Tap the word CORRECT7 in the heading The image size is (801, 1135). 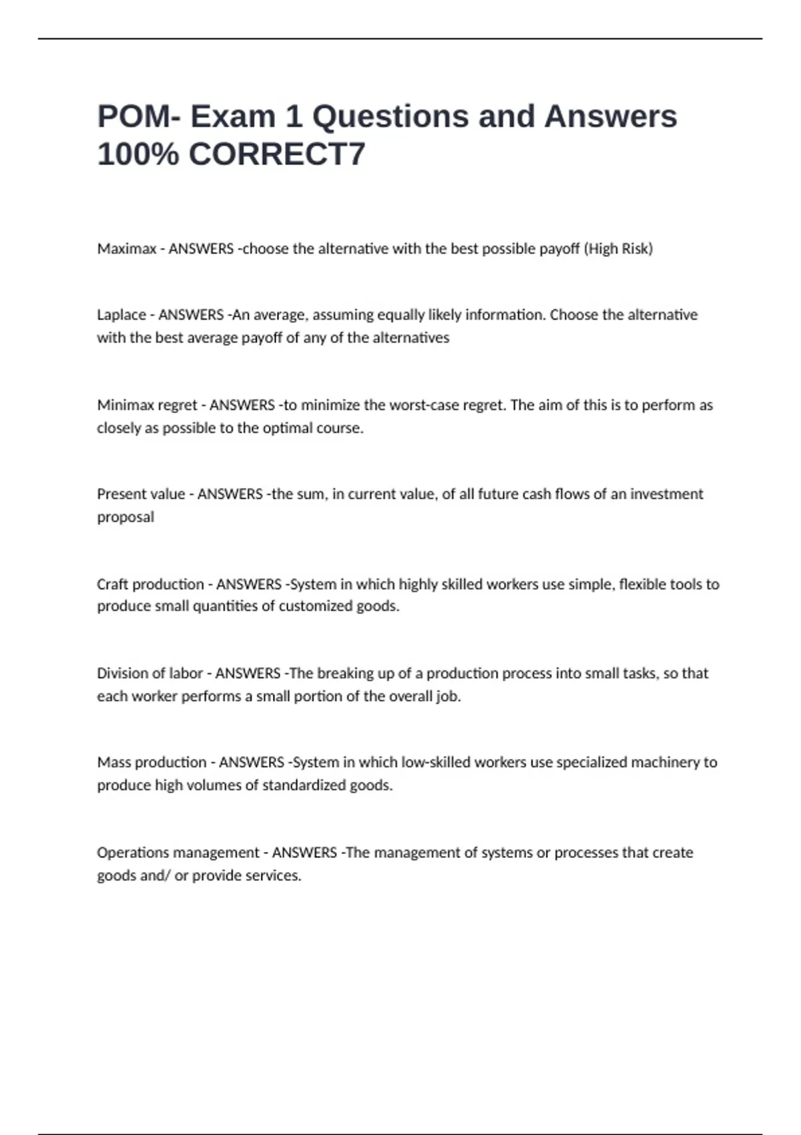277,154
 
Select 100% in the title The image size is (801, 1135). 138,154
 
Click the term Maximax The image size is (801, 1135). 126,249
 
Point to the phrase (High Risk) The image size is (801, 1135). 618,249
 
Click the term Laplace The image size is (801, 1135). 121,314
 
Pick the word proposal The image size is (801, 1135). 125,517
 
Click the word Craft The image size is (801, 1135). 113,584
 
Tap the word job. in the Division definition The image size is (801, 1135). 449,696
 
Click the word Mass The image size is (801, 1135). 113,762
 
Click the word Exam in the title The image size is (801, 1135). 233,116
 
